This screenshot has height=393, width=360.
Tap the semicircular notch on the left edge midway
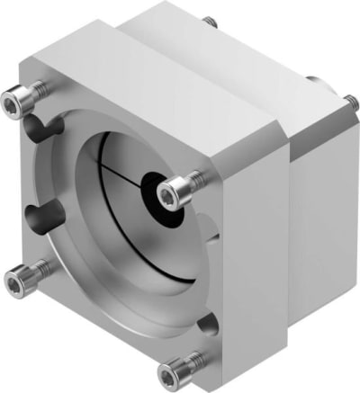(x=33, y=216)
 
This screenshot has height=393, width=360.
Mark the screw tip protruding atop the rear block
(x=209, y=19)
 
